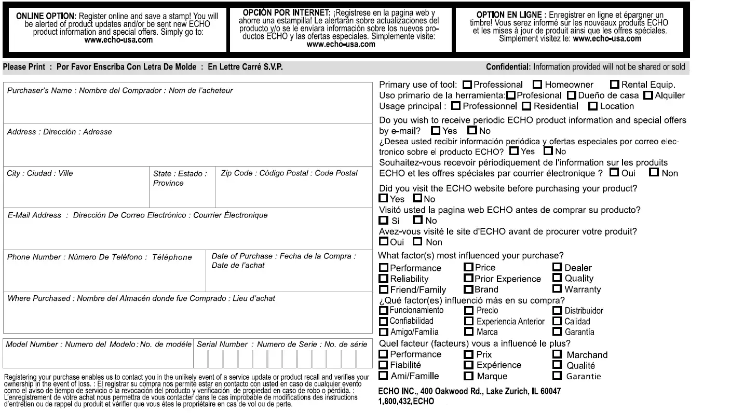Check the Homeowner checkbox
(x=538, y=85)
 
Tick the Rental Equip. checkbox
(x=615, y=85)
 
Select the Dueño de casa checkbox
(x=571, y=95)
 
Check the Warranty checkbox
(x=557, y=289)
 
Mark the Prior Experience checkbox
(x=468, y=279)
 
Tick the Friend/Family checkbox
(x=384, y=290)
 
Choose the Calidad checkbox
(x=557, y=321)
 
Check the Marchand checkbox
(x=557, y=354)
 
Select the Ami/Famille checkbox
(x=384, y=376)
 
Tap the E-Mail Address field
(x=187, y=233)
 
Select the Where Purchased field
(x=187, y=316)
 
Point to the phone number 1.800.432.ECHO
(x=407, y=402)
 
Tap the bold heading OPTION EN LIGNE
(x=504, y=15)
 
